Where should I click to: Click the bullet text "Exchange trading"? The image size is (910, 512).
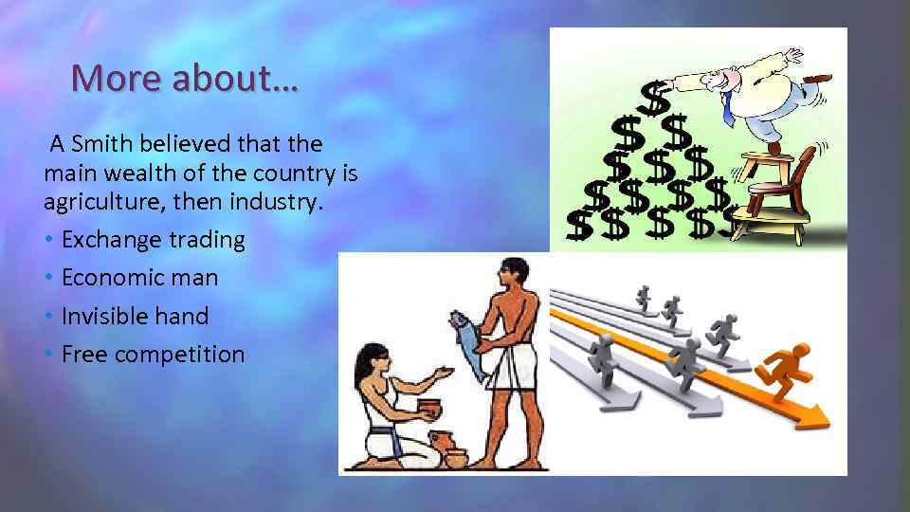(x=153, y=240)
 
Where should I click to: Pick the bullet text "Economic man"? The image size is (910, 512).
(x=139, y=278)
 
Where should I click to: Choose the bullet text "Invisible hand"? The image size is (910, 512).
(x=135, y=316)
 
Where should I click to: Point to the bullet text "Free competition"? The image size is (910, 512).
(x=153, y=355)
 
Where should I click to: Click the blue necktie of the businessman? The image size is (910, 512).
(x=727, y=109)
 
